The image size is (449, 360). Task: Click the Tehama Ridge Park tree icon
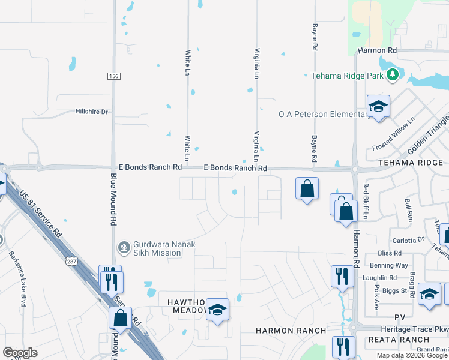click(393, 75)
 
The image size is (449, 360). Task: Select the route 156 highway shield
click(113, 76)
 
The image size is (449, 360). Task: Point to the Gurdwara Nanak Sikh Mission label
click(152, 248)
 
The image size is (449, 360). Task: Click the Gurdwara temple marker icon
click(124, 246)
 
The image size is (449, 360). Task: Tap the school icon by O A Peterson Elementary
click(378, 106)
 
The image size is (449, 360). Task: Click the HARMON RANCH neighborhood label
click(291, 331)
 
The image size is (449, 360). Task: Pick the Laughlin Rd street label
click(379, 278)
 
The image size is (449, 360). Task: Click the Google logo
click(20, 352)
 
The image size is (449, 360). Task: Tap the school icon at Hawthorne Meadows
click(218, 310)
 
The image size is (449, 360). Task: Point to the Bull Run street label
click(409, 209)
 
